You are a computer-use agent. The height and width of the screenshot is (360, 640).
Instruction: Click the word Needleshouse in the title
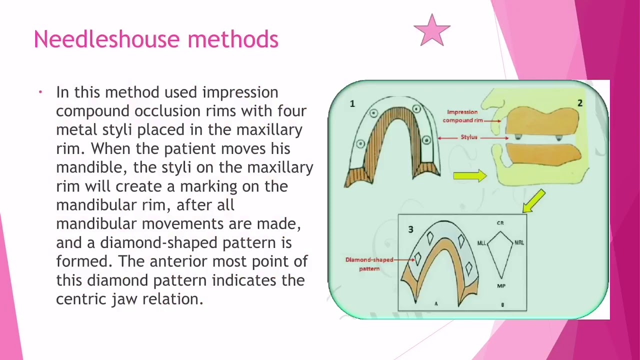click(x=107, y=39)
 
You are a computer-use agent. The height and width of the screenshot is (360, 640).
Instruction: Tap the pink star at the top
click(x=432, y=31)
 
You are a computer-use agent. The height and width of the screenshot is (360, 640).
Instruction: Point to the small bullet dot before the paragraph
click(x=40, y=92)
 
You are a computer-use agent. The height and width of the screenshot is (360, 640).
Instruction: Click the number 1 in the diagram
click(x=352, y=103)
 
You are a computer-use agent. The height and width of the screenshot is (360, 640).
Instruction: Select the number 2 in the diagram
click(x=579, y=103)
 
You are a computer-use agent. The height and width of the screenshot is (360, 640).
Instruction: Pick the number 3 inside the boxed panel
click(x=410, y=229)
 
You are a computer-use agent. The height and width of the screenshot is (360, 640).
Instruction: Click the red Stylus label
click(x=469, y=137)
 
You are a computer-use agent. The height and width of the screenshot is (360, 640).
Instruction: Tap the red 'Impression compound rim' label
click(x=462, y=116)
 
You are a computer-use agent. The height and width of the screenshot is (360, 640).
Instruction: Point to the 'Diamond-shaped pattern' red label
click(x=369, y=264)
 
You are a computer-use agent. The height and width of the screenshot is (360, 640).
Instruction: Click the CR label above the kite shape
click(x=500, y=223)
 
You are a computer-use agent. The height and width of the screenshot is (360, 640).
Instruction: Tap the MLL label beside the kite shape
click(x=481, y=243)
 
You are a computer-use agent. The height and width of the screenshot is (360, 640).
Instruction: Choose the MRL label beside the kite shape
click(x=519, y=242)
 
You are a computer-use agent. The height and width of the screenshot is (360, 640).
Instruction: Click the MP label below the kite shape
click(x=501, y=286)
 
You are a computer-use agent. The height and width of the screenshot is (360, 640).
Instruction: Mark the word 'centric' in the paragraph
click(x=81, y=299)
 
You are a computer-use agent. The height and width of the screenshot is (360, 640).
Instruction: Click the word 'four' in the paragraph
click(x=292, y=111)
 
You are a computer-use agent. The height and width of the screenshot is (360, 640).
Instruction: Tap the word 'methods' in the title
click(x=233, y=39)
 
